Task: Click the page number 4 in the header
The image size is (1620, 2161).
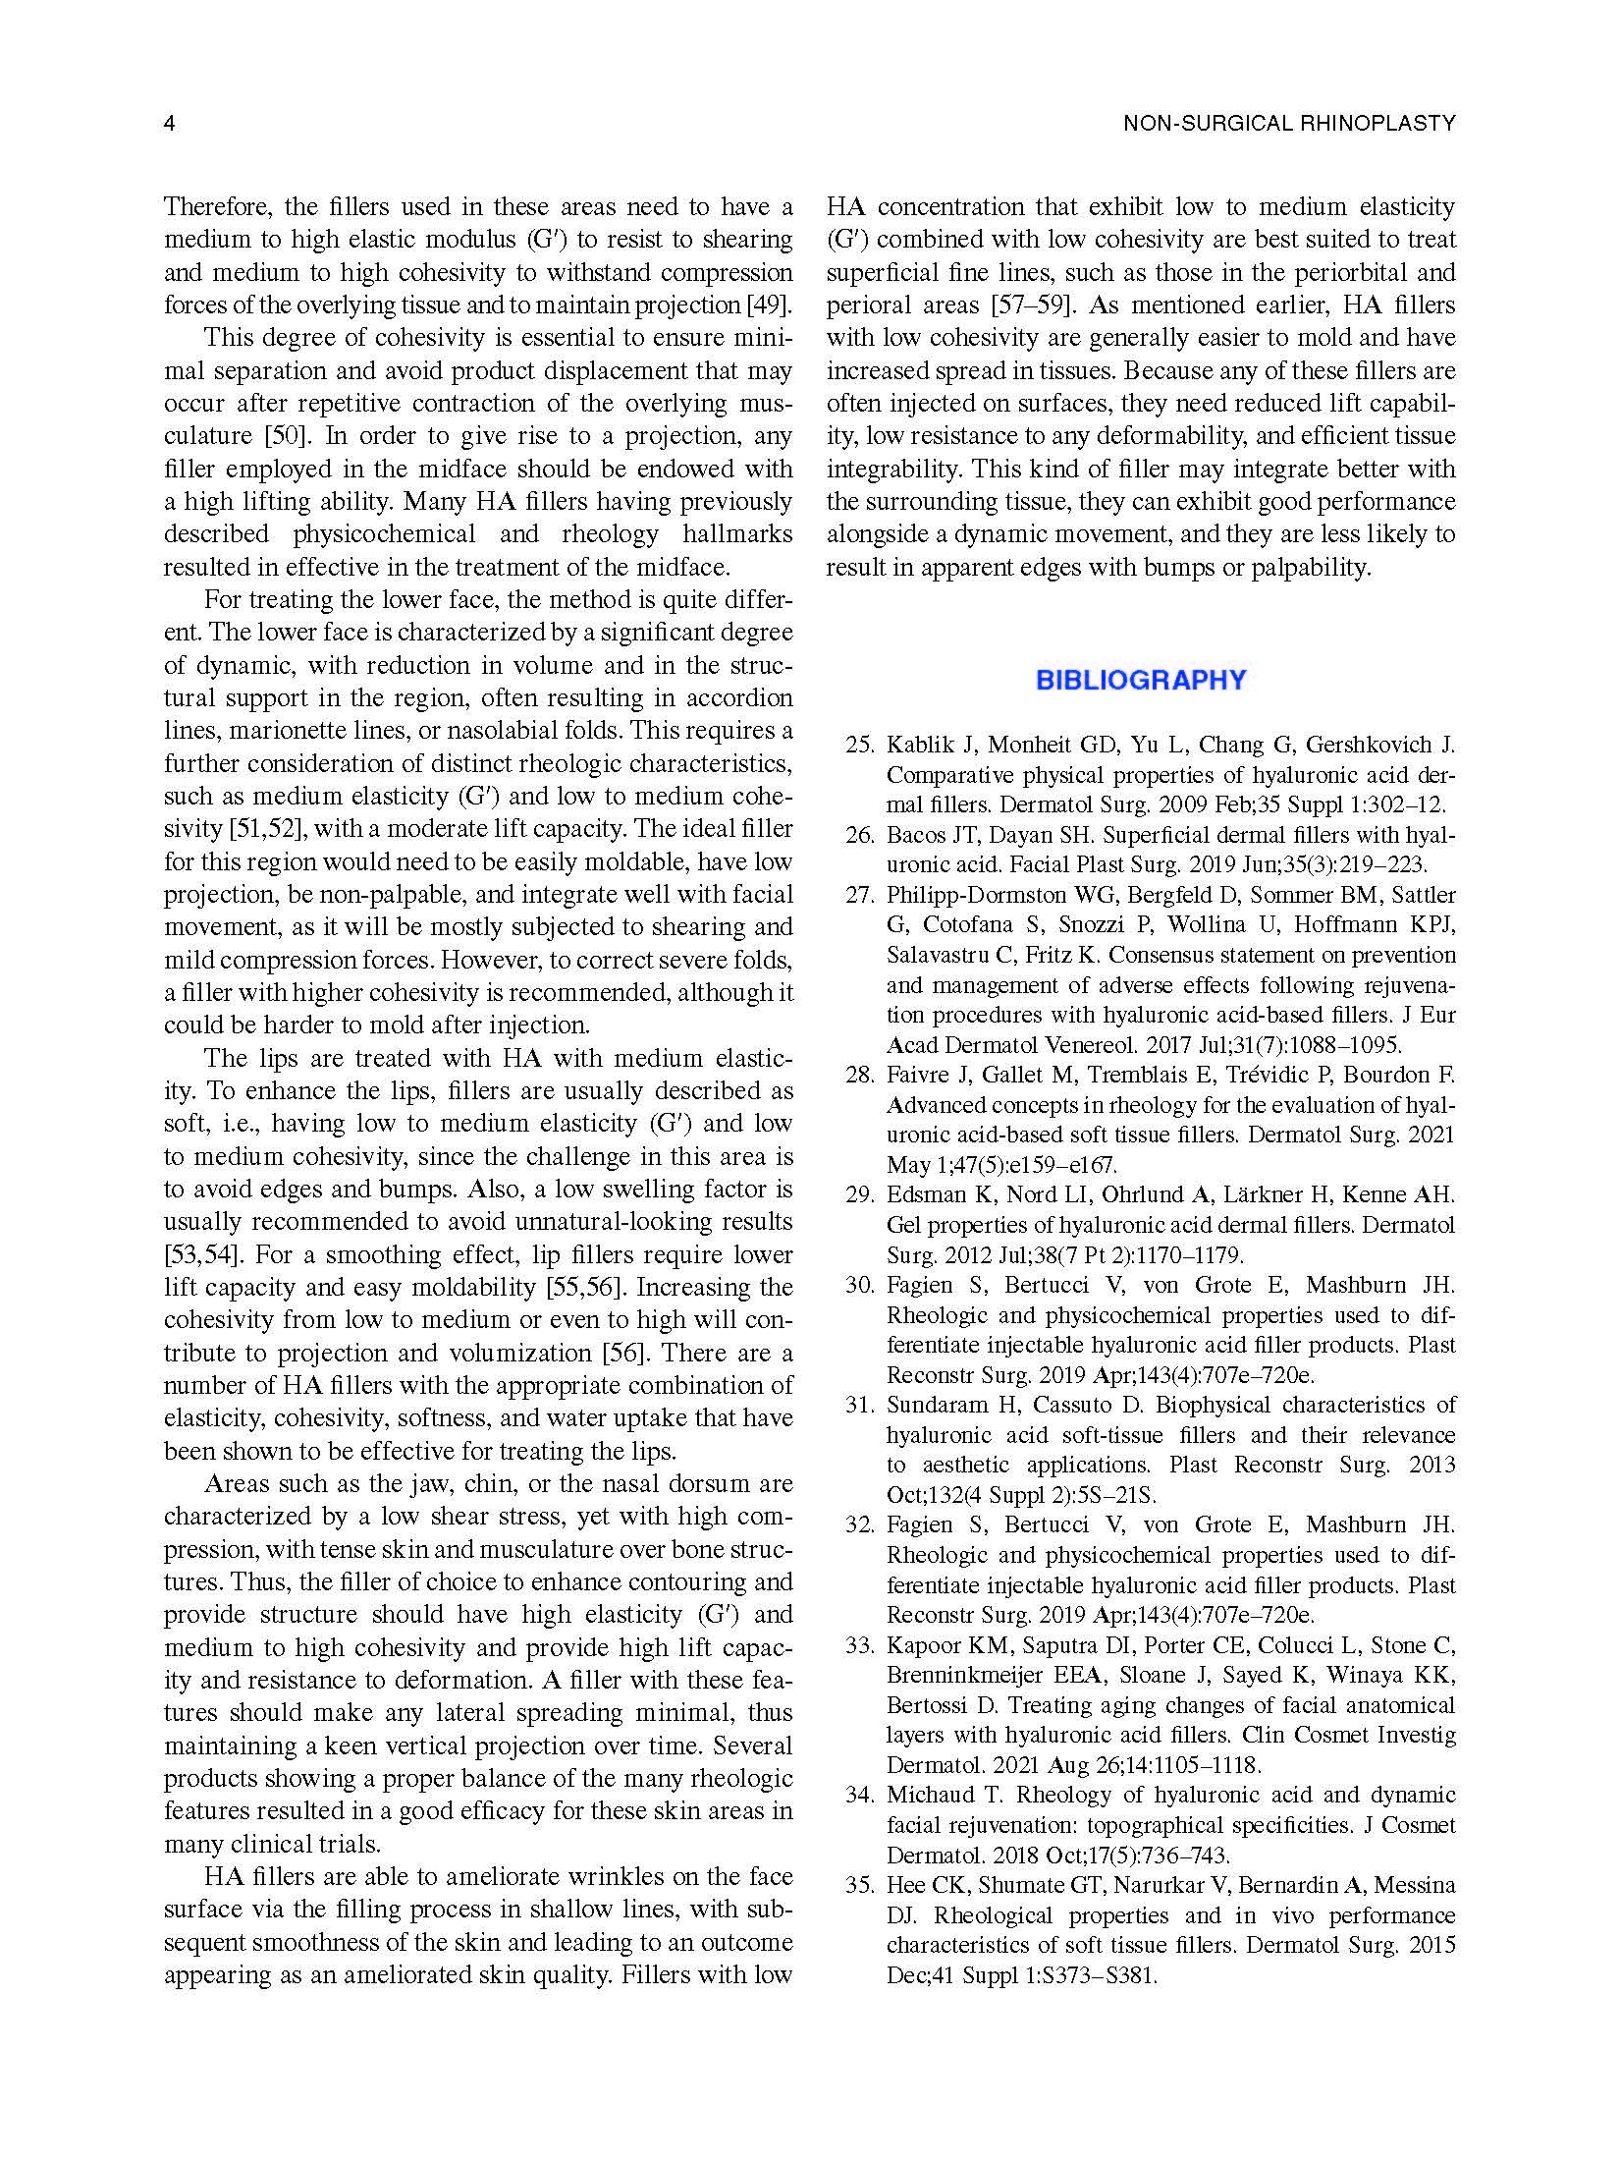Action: [x=169, y=124]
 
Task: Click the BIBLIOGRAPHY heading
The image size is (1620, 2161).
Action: [x=1141, y=680]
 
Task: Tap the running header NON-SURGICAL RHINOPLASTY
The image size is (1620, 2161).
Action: [x=1289, y=124]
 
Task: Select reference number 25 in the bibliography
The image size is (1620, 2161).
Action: [x=860, y=745]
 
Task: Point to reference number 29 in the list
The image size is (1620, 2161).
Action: [x=860, y=1195]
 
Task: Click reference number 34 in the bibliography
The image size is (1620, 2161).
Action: [x=860, y=1796]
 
